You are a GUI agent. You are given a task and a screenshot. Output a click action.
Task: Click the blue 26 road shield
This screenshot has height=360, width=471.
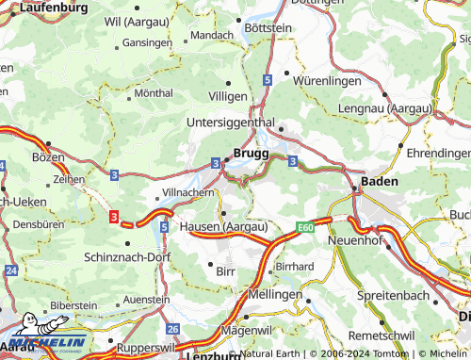[172, 329]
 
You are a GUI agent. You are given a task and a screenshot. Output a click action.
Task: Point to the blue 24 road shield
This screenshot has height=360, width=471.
[10, 270]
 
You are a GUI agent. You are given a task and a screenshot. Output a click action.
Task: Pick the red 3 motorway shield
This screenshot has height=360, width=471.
[114, 218]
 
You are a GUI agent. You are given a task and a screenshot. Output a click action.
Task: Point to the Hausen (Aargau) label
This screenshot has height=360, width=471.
[224, 227]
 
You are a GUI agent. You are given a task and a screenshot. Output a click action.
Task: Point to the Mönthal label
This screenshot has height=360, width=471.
[154, 94]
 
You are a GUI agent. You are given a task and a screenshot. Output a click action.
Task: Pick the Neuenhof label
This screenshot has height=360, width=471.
[352, 240]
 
